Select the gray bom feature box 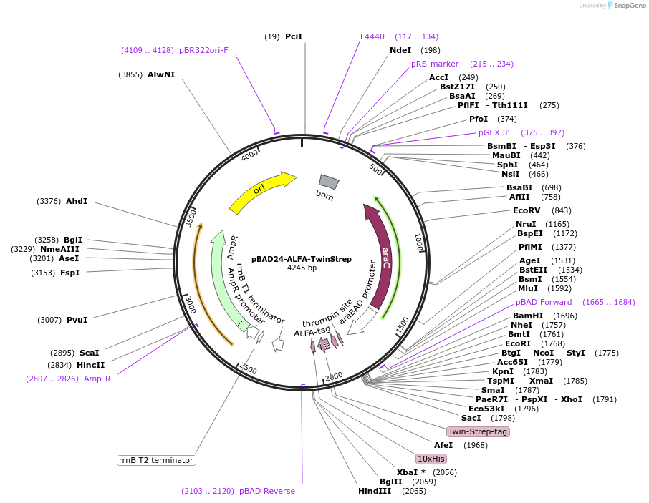point(329,182)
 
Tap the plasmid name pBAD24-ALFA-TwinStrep point(302,259)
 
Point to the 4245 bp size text point(302,268)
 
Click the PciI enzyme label point(294,36)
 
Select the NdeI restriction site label point(400,50)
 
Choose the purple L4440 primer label point(372,36)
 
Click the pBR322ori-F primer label point(204,50)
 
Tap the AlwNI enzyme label point(161,74)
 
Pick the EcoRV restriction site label point(527,210)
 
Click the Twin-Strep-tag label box point(478,431)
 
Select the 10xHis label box point(431,458)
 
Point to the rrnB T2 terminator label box point(156,460)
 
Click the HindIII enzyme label point(375,491)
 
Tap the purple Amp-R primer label point(97,379)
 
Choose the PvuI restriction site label point(77,320)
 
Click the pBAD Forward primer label point(544,302)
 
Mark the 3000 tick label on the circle point(191,306)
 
